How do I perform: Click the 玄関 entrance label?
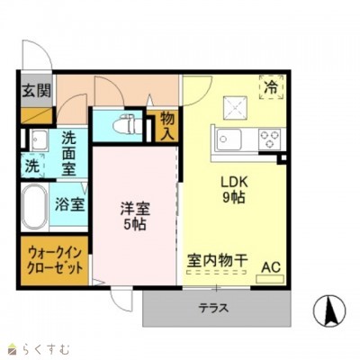click(36, 90)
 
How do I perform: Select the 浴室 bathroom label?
click(71, 204)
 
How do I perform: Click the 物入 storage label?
click(166, 126)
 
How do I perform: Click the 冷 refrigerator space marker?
click(271, 87)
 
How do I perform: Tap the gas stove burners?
click(269, 139)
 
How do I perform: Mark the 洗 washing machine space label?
click(31, 166)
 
